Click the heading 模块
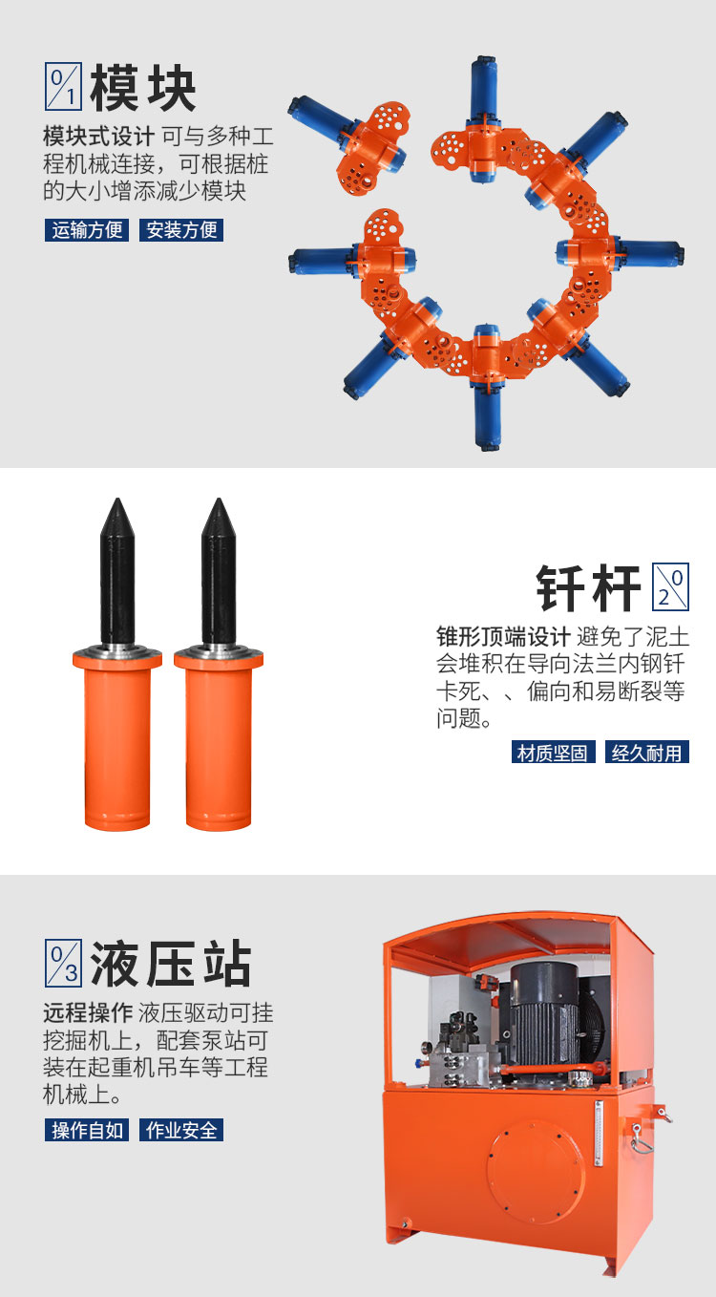click(x=143, y=87)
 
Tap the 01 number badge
click(x=63, y=86)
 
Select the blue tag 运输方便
click(x=87, y=230)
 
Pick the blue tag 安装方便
click(x=181, y=230)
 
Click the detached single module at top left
click(x=354, y=145)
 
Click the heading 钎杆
click(x=588, y=587)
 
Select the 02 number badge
click(x=670, y=586)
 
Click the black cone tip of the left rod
click(x=117, y=516)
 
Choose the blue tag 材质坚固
click(x=554, y=753)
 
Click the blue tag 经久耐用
click(x=647, y=753)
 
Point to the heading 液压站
click(x=171, y=964)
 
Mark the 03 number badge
click(x=63, y=964)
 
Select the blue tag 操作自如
click(x=87, y=1130)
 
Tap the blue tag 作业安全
click(x=181, y=1130)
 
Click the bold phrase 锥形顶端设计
click(x=503, y=637)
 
